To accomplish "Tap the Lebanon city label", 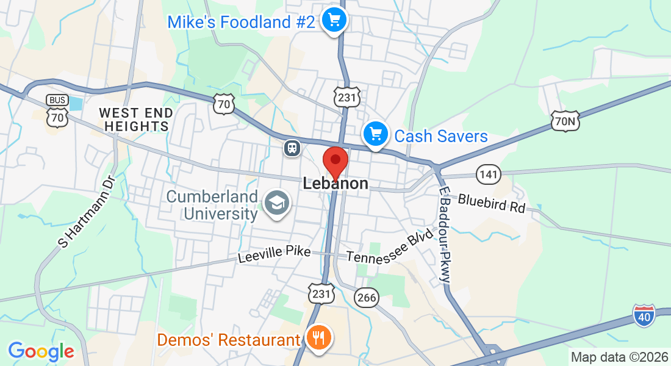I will [x=335, y=184].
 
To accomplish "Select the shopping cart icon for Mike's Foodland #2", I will [x=334, y=21].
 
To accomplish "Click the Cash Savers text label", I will [x=441, y=135].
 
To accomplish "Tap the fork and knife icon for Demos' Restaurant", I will [x=318, y=338].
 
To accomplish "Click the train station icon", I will [x=293, y=148].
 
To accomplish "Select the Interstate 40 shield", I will [x=644, y=315].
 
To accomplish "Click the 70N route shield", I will [x=564, y=121].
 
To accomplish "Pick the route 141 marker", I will [x=489, y=174].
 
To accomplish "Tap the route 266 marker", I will [x=367, y=298].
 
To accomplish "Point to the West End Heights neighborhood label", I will [x=136, y=120].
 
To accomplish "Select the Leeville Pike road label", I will [x=274, y=254].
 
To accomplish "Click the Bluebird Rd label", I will [x=492, y=203].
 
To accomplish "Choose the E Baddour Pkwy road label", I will [x=445, y=235].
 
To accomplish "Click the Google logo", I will [x=41, y=351].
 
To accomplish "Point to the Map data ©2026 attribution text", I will [x=619, y=357].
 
